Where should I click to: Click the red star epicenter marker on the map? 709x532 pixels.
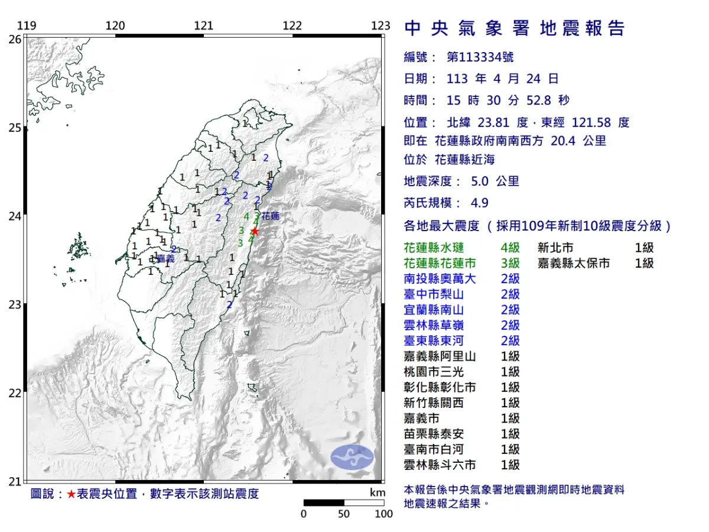pyautogui.click(x=254, y=231)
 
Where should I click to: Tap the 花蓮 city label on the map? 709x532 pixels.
pyautogui.click(x=271, y=216)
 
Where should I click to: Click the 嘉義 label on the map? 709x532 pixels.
pyautogui.click(x=166, y=258)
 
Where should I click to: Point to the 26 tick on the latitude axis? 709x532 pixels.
pyautogui.click(x=15, y=39)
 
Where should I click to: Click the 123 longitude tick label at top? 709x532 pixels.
pyautogui.click(x=381, y=25)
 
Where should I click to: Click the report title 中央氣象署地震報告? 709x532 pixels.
pyautogui.click(x=515, y=28)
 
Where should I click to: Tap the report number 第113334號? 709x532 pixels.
pyautogui.click(x=480, y=57)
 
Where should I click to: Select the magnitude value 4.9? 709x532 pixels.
pyautogui.click(x=479, y=203)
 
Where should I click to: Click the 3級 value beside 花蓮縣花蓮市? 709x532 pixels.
pyautogui.click(x=510, y=264)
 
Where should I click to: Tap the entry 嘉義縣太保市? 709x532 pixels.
pyautogui.click(x=574, y=264)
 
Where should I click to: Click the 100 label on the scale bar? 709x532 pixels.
pyautogui.click(x=383, y=514)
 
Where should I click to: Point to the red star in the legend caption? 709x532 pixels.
pyautogui.click(x=71, y=494)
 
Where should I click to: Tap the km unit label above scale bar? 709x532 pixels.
pyautogui.click(x=377, y=492)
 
